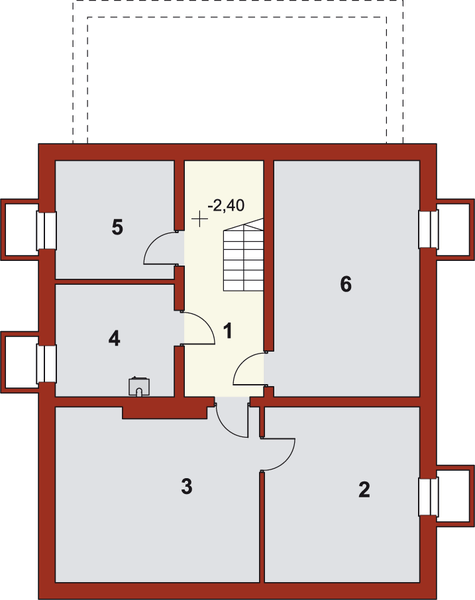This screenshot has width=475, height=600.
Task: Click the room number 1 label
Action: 228,330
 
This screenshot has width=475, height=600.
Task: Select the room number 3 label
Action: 186,487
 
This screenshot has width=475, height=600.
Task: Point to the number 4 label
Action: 115,339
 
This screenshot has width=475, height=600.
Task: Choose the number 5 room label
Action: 117,227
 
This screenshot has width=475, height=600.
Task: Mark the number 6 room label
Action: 345,284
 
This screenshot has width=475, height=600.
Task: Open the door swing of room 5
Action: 163,248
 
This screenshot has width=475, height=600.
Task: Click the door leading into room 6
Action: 249,370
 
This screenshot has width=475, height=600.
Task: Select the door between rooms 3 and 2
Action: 277,454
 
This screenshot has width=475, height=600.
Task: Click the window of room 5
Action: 45,229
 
